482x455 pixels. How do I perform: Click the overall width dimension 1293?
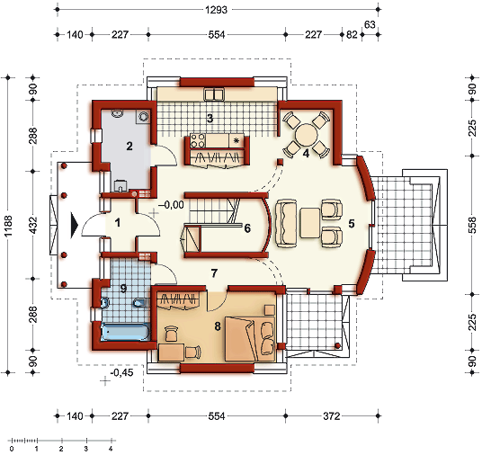tap(216, 10)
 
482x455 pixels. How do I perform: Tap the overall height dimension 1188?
tap(8, 226)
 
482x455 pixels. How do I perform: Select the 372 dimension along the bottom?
tap(332, 416)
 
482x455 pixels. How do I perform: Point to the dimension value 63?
tap(370, 24)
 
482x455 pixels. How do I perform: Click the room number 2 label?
tap(129, 146)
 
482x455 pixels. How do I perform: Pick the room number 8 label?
tap(218, 326)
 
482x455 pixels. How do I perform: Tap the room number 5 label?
tap(352, 224)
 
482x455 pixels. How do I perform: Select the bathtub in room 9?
tap(125, 332)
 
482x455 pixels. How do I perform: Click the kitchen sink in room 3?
tap(214, 94)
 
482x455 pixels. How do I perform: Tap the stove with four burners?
tap(198, 140)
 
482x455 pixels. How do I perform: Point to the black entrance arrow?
tap(75, 226)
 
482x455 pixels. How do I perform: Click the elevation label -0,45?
tap(121, 372)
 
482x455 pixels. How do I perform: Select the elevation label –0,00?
tap(171, 205)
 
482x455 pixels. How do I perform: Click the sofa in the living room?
tap(287, 224)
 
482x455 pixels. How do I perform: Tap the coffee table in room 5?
tap(310, 223)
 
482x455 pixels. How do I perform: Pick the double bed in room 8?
tap(250, 339)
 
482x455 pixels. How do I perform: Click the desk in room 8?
tap(172, 352)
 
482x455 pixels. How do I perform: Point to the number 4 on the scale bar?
tap(111, 449)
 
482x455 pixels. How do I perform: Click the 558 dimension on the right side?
tap(473, 225)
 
